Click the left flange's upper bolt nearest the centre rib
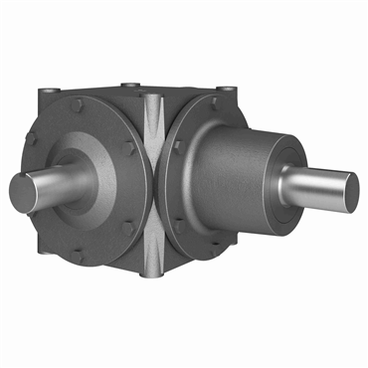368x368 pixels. tap(128, 146)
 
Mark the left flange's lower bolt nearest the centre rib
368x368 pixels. tap(126, 228)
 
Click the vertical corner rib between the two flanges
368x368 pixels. tap(153, 184)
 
